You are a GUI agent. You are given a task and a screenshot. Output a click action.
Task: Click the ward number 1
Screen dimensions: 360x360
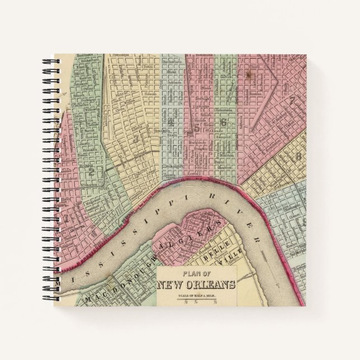point(67,220)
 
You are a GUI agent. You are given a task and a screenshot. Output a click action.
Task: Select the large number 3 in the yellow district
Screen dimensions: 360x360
point(136,138)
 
